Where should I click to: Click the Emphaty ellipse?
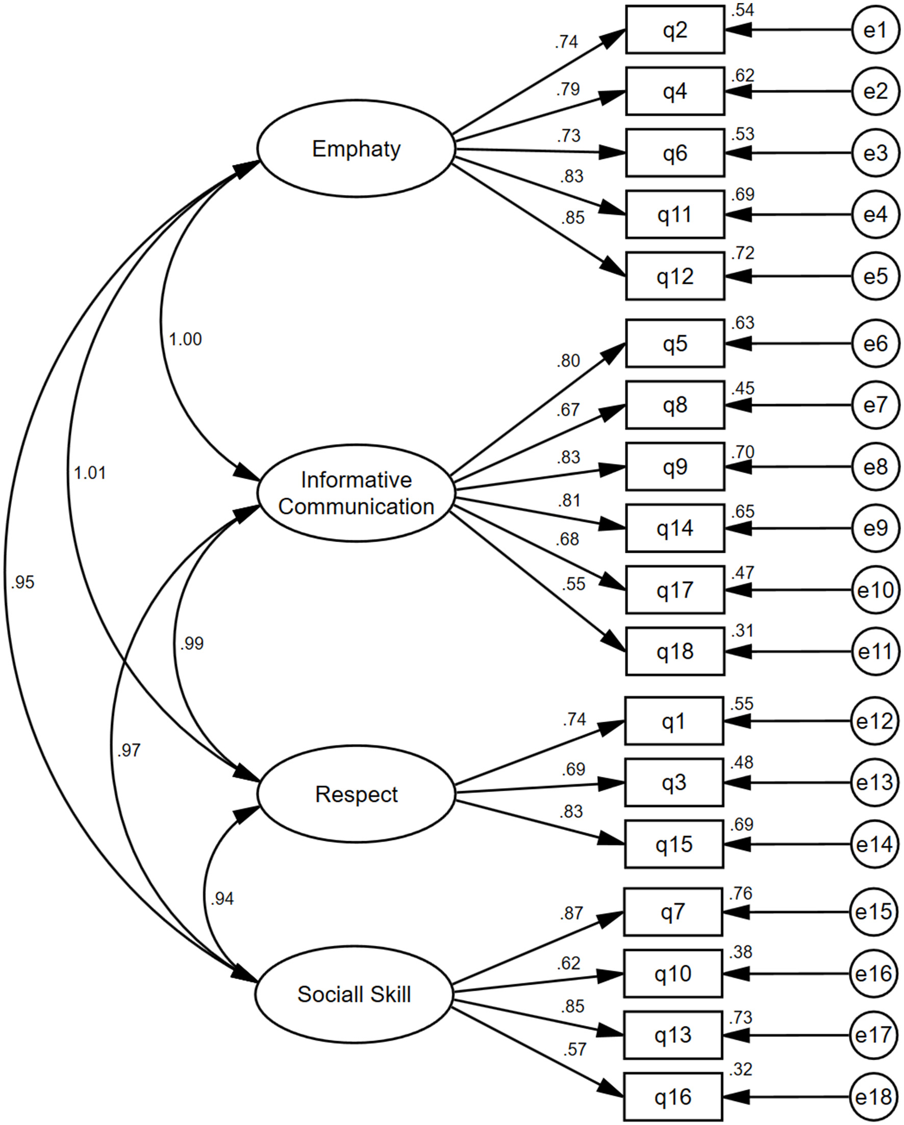pyautogui.click(x=356, y=149)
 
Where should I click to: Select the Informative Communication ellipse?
pyautogui.click(x=356, y=493)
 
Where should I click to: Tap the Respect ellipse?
pyautogui.click(x=356, y=794)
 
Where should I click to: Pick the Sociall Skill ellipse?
pyautogui.click(x=354, y=994)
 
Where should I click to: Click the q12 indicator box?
pyautogui.click(x=675, y=276)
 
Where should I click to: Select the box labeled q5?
pyautogui.click(x=675, y=344)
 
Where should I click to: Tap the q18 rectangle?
pyautogui.click(x=675, y=651)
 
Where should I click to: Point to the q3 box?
pyautogui.click(x=674, y=782)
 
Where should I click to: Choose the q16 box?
pyautogui.click(x=673, y=1097)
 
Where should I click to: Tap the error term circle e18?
pyautogui.click(x=874, y=1097)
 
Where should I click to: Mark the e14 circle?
pyautogui.click(x=875, y=844)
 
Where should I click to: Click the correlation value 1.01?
pyautogui.click(x=90, y=473)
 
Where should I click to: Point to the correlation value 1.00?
pyautogui.click(x=185, y=339)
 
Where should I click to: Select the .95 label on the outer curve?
pyautogui.click(x=22, y=582)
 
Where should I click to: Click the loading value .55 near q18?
pyautogui.click(x=574, y=584)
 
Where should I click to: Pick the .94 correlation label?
pyautogui.click(x=222, y=898)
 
